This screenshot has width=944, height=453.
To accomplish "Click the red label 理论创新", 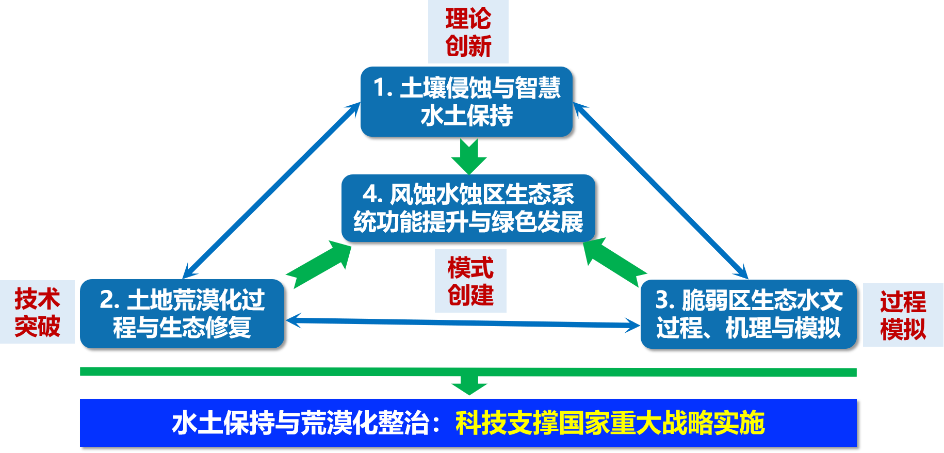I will [468, 32].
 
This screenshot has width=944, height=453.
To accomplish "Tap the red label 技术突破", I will [37, 312].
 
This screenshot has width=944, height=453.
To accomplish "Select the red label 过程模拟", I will [903, 315].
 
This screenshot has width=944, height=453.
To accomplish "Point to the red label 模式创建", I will [470, 281].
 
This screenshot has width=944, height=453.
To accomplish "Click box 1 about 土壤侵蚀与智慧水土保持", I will [466, 102].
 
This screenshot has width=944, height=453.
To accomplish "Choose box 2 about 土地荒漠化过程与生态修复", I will [182, 314].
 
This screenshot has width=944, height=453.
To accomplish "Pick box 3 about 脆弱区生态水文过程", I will [748, 314].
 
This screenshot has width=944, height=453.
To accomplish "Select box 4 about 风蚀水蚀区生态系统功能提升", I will [468, 208].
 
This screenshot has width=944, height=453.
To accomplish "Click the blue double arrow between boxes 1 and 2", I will [272, 190].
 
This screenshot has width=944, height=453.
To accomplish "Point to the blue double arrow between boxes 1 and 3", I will [660, 190].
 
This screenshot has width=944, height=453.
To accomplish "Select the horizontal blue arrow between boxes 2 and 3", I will [463, 322].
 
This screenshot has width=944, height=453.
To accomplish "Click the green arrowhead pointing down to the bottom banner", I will [469, 386].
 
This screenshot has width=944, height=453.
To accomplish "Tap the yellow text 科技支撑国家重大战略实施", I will [610, 423].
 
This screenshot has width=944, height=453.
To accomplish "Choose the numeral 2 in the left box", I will [107, 300].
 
